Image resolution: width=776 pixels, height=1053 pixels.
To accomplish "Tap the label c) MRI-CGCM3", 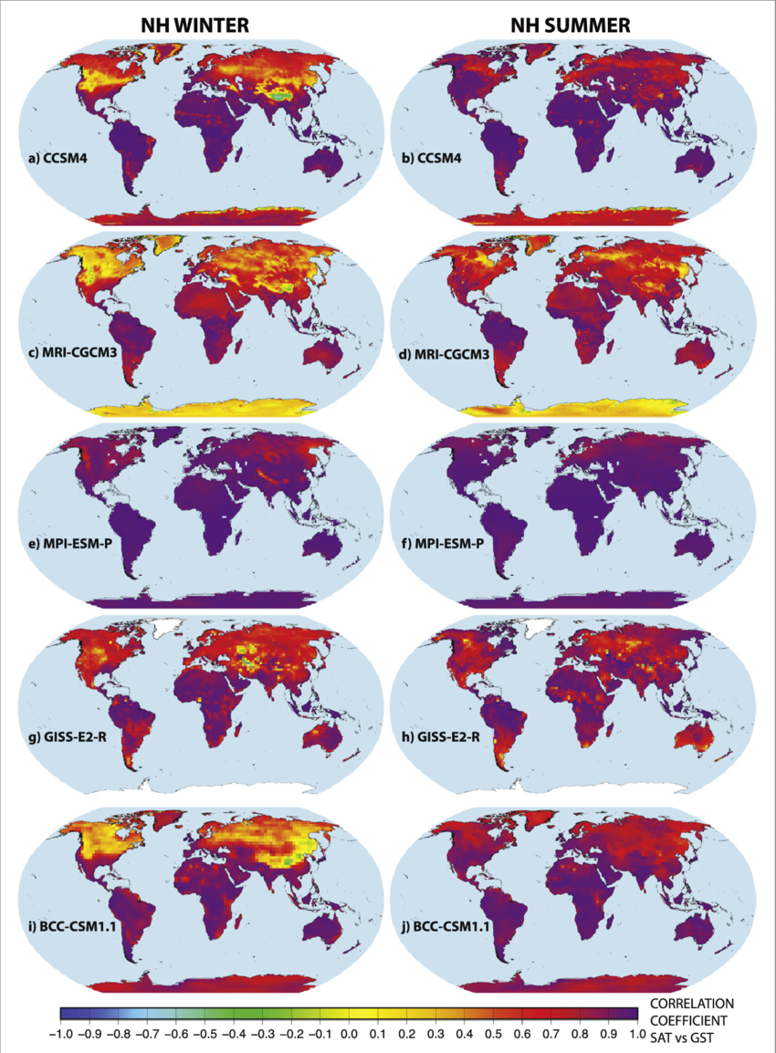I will point(77,354).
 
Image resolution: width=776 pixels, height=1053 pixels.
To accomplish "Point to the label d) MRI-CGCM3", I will point(450,354).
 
